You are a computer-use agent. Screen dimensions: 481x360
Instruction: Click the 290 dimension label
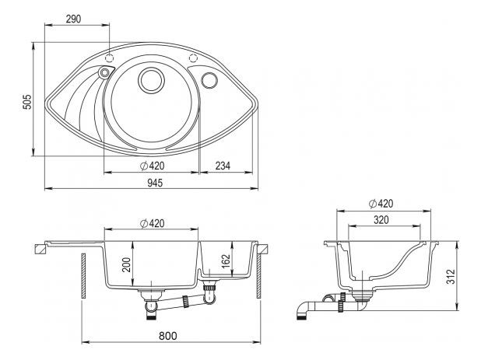tap(74, 19)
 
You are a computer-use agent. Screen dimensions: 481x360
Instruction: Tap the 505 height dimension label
tap(27, 102)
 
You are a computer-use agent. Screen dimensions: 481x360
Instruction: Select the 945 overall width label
tap(155, 183)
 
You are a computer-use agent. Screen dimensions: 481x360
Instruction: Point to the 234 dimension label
tap(223, 166)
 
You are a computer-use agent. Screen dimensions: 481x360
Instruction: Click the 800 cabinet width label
tap(168, 336)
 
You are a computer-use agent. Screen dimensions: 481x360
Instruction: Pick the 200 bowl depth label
tap(126, 264)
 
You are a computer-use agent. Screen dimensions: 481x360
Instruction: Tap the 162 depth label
tap(226, 261)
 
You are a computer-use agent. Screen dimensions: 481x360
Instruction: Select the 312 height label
tap(451, 277)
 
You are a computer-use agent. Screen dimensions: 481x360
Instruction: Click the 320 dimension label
tap(381, 220)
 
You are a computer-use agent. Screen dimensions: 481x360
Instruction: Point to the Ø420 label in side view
tap(381, 204)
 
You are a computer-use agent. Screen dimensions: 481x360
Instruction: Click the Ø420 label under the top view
tap(152, 166)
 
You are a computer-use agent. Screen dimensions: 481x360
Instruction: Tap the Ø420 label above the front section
tap(152, 223)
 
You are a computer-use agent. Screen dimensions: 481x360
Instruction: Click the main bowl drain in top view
tap(151, 79)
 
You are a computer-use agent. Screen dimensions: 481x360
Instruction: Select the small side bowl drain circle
tap(209, 80)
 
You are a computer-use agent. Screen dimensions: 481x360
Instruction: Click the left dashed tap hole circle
tap(110, 58)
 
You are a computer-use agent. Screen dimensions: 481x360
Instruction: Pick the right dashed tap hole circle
tap(193, 58)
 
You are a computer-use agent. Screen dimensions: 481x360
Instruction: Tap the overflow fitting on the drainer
tap(104, 72)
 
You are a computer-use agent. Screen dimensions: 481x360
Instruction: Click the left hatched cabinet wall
tap(83, 275)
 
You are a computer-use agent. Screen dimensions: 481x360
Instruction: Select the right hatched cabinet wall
tap(258, 275)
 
